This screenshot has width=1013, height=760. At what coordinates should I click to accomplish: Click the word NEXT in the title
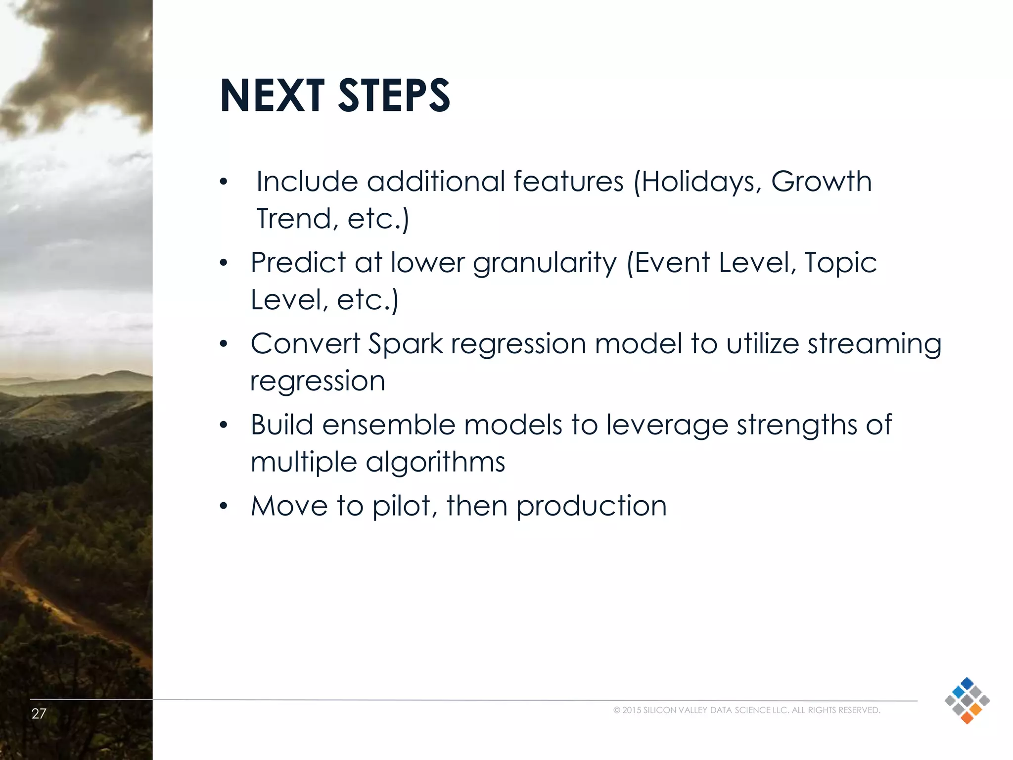[272, 95]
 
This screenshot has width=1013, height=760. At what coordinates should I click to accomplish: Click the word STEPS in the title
[394, 95]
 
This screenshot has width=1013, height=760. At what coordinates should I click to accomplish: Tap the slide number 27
[39, 713]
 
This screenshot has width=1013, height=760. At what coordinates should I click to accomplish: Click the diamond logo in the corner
[967, 701]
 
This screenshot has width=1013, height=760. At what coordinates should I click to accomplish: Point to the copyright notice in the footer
[746, 710]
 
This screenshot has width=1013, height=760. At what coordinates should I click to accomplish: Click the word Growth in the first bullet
[821, 182]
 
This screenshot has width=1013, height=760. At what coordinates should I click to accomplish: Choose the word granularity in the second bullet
[545, 263]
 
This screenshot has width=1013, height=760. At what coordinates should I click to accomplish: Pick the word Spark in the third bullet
[406, 344]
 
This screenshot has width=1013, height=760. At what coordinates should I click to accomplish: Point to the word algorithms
[435, 463]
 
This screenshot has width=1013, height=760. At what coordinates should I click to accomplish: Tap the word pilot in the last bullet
[402, 506]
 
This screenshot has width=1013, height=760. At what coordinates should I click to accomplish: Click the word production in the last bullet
[591, 506]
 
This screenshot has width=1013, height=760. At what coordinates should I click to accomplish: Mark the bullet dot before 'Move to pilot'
[224, 507]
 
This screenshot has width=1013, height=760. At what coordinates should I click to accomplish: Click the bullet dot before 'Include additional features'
[224, 182]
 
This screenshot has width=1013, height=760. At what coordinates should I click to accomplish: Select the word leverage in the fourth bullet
[667, 425]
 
